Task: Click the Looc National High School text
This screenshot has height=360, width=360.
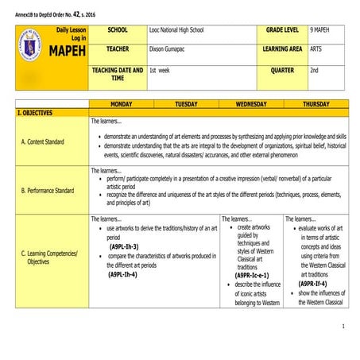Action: (x=176, y=30)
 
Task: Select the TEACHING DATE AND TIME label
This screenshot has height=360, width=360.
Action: (x=117, y=74)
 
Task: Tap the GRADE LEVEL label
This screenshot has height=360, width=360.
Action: (x=281, y=30)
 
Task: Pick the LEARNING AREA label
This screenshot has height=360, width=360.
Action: (x=282, y=50)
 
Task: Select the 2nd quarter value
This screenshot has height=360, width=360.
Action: (x=315, y=71)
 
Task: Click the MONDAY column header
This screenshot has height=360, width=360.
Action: (x=121, y=104)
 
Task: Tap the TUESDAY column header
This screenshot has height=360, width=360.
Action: (x=186, y=104)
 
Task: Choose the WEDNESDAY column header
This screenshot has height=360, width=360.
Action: (x=251, y=104)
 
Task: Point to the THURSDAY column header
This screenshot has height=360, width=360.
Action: (x=316, y=104)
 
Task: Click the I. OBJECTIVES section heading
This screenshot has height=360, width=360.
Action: (x=36, y=113)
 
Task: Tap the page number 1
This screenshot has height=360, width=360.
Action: (x=343, y=327)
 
